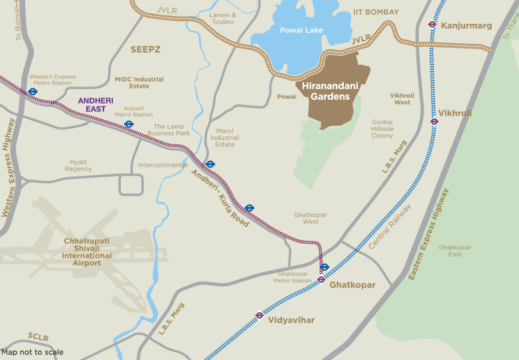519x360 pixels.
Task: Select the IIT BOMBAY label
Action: coord(376,12)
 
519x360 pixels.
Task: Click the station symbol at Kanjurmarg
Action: coord(432,25)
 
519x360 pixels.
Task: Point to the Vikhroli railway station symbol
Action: coord(434,122)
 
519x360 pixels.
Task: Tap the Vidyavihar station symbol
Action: coord(259,315)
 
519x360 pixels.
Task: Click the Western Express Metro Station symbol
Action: coord(33,92)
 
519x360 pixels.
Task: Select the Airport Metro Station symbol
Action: coord(129,124)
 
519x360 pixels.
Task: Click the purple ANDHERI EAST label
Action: coord(96,104)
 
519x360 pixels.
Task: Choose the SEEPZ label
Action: coord(145,49)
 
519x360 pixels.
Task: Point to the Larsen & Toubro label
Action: coord(223,18)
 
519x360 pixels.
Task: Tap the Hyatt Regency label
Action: coord(78,165)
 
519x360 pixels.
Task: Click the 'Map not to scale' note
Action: coord(33,352)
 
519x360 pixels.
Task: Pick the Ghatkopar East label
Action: coord(455,250)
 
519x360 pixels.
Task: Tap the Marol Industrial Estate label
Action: coord(225,137)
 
